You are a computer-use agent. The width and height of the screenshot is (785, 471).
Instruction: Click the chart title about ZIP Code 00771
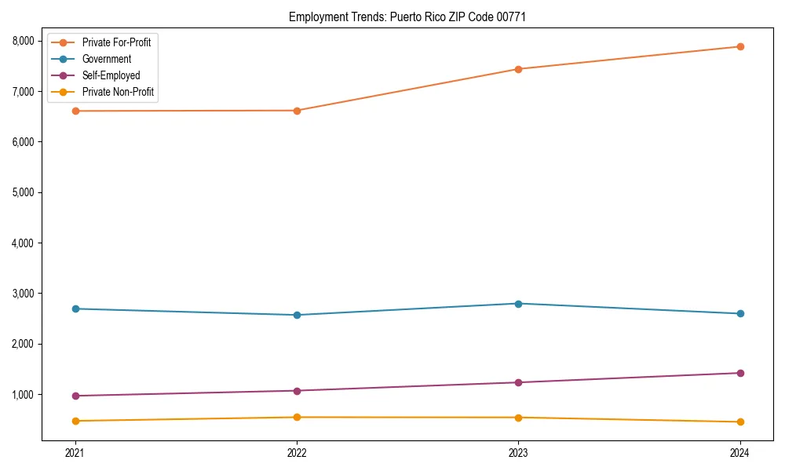coord(407,16)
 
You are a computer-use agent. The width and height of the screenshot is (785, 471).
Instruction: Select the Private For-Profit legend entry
coord(116,42)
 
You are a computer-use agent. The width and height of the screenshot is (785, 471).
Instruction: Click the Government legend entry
coord(106,59)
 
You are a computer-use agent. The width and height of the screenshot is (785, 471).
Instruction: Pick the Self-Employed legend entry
coord(111,75)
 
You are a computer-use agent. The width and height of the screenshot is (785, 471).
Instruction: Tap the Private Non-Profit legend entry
coord(118,93)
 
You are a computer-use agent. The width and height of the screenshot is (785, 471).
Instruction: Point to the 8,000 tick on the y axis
coord(23,41)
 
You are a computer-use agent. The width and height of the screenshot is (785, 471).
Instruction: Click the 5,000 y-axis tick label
coord(23,192)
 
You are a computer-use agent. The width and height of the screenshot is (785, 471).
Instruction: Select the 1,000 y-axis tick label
coord(23,394)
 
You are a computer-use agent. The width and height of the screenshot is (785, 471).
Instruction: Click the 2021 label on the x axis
coord(75,453)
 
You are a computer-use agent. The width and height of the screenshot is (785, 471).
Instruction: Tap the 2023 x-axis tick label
coord(518,453)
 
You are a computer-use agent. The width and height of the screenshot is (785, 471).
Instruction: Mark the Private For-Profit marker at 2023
coord(518,69)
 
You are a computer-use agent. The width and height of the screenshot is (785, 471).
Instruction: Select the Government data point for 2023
coord(518,304)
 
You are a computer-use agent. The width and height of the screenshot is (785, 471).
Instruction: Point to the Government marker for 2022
coord(297,315)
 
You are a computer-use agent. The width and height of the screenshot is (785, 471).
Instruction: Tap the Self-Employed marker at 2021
coord(75,396)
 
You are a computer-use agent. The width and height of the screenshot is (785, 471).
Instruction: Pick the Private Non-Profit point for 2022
coord(297,417)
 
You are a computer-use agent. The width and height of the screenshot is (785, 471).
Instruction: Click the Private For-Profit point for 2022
coord(297,111)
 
